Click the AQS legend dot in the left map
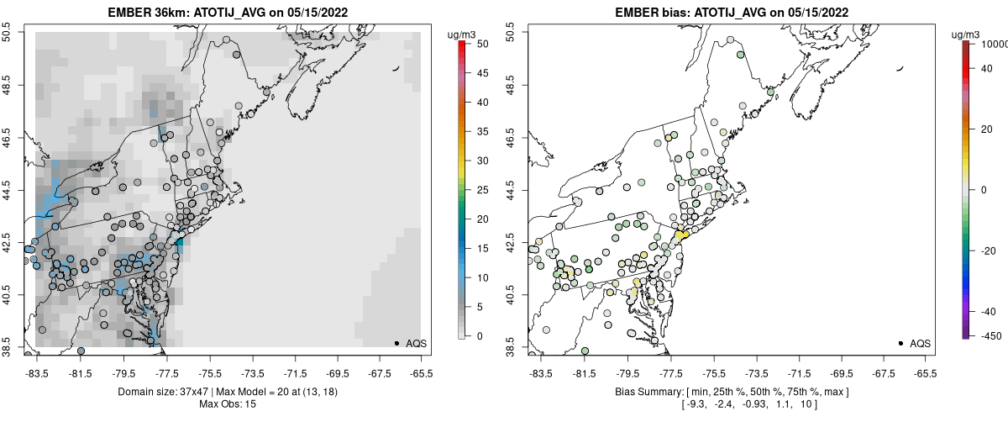396,343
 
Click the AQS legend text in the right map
920,343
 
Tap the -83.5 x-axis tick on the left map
36,371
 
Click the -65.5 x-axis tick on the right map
925,371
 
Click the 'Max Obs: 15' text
228,404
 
